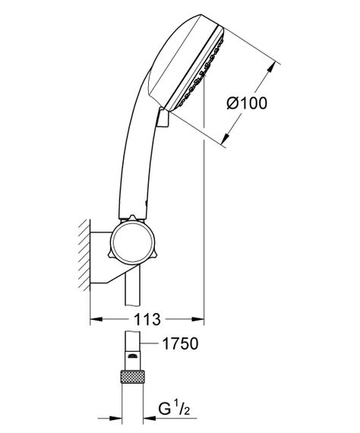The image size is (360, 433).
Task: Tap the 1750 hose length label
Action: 182,345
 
